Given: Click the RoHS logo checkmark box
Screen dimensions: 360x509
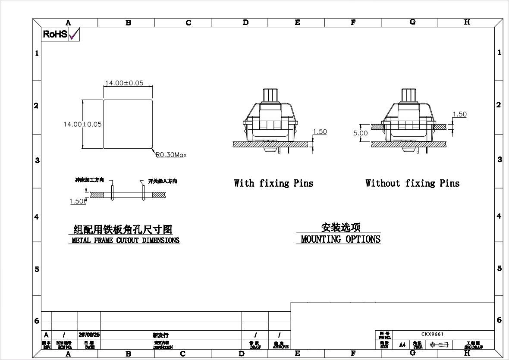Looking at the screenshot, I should click(x=74, y=34).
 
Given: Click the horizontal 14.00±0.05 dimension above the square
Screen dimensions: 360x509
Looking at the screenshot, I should click(x=124, y=83).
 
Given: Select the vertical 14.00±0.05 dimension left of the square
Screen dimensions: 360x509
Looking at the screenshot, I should click(x=82, y=124).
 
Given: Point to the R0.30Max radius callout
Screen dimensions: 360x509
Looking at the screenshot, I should click(x=171, y=155).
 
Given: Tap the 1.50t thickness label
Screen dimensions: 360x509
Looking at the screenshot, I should click(x=78, y=201).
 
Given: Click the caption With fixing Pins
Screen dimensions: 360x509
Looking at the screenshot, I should click(x=273, y=183).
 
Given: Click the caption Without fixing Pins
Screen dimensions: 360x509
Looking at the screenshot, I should click(x=412, y=183).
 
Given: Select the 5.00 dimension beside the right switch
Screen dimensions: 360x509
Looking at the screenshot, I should click(x=361, y=133).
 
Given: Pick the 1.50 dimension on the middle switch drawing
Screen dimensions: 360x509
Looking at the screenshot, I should click(x=320, y=132).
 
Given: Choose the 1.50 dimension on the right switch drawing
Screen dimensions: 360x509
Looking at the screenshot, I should click(x=459, y=114).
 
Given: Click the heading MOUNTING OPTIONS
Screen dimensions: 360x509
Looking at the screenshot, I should click(x=340, y=239).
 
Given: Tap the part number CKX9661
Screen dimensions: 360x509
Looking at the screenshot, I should click(x=432, y=334).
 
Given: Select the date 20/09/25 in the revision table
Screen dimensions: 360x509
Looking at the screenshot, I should click(x=89, y=335).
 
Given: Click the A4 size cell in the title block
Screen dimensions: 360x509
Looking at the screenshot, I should click(x=402, y=345).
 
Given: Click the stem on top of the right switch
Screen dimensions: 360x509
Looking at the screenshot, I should click(x=410, y=95).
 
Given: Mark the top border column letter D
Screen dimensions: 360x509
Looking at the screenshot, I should click(x=245, y=22).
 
